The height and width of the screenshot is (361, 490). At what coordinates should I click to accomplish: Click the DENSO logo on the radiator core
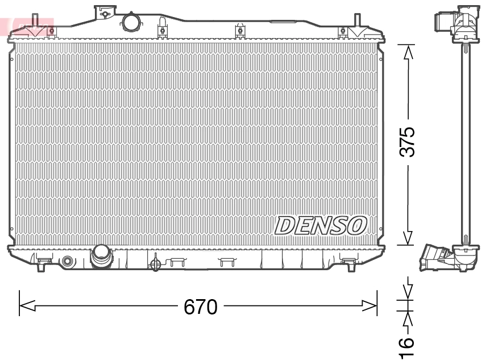[x=320, y=225]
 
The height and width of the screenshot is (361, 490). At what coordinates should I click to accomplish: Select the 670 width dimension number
[x=200, y=307]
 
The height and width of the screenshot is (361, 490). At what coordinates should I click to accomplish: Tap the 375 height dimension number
[x=408, y=141]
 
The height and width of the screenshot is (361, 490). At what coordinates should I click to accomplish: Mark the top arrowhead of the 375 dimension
[x=408, y=52]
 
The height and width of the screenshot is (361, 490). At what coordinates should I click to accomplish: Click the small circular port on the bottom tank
[x=68, y=262]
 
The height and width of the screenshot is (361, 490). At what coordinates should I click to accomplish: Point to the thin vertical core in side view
[x=466, y=142]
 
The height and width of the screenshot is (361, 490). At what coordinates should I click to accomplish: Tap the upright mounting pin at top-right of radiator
[x=359, y=23]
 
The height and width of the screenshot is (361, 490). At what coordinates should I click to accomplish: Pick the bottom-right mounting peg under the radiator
[x=348, y=262]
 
